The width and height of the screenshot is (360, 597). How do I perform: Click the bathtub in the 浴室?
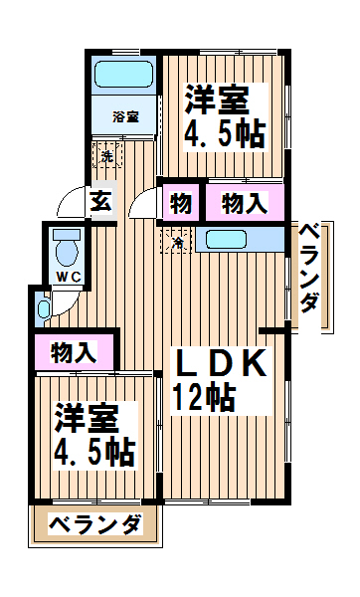point(124,75)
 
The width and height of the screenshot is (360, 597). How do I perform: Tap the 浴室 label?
point(125,116)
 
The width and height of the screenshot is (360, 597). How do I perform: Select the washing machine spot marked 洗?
point(107,155)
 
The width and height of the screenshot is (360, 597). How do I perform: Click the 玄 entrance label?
point(101,201)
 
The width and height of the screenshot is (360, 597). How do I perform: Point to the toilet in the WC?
point(67,248)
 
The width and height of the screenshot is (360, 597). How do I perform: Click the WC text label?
point(69,278)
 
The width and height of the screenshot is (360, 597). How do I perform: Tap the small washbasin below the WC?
point(44,309)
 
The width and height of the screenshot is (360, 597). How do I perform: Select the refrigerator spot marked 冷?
point(177,242)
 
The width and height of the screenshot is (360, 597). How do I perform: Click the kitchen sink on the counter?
point(226,240)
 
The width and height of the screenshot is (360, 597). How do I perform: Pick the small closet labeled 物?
point(181,203)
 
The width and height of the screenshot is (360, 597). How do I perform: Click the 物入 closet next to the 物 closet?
point(245,203)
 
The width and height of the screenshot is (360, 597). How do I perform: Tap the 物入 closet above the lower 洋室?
point(74,352)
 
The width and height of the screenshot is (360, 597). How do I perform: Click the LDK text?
point(219,363)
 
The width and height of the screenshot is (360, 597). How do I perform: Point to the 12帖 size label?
point(204,397)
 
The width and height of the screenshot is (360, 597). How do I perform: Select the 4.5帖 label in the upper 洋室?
point(224,134)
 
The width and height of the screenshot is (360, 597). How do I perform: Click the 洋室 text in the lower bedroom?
point(87,418)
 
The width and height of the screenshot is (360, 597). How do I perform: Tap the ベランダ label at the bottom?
point(95,525)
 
